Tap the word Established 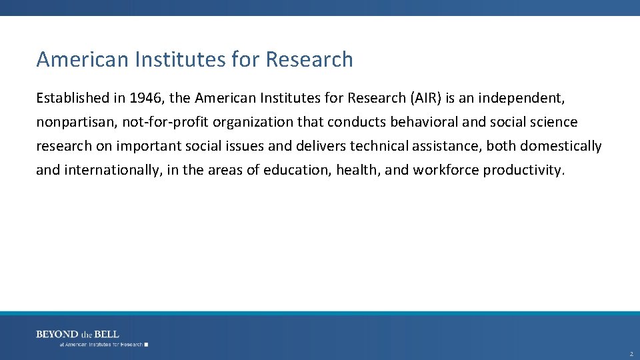click(x=73, y=98)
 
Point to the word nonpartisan click(x=75, y=122)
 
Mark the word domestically click(x=561, y=146)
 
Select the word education click(x=296, y=170)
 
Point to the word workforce click(x=445, y=170)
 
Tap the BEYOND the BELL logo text click(x=77, y=334)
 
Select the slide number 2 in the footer click(x=631, y=354)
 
